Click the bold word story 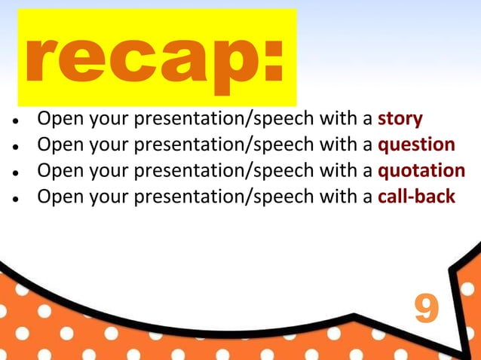coord(400,119)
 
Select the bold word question coord(416,145)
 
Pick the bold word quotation coord(421,171)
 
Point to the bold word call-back coord(416,197)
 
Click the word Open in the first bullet coord(58,120)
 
